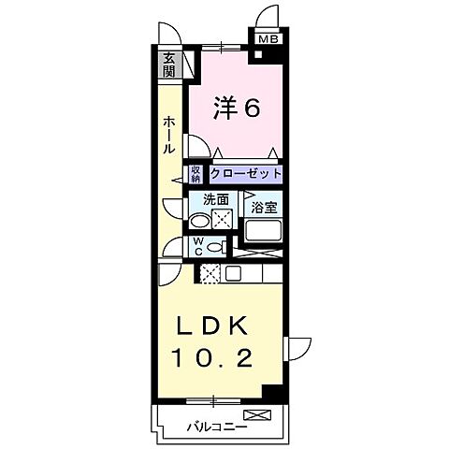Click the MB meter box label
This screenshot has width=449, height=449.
[268, 39]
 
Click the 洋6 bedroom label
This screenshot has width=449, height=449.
[238, 109]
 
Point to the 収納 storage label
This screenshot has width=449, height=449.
[196, 175]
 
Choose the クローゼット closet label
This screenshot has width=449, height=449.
[244, 175]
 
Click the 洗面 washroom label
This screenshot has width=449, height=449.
[217, 199]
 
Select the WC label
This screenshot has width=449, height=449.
[197, 246]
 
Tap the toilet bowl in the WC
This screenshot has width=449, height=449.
[214, 247]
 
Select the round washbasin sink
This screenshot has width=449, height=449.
[198, 222]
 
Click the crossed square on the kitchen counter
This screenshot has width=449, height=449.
[210, 273]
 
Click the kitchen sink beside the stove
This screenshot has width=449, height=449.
[233, 273]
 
